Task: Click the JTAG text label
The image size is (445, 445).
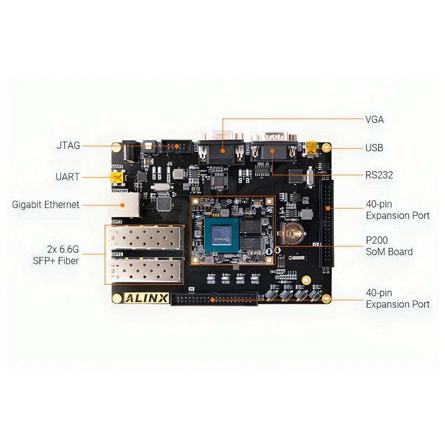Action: point(68,146)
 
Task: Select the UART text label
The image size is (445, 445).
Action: point(67,177)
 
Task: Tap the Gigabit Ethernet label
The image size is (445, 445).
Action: point(46,205)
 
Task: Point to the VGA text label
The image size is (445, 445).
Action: point(374,119)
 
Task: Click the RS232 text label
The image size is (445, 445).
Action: point(379,175)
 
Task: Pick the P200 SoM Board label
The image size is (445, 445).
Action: point(389,246)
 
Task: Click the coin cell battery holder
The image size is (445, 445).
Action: point(290,235)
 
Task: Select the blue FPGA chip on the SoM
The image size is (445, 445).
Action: point(221,234)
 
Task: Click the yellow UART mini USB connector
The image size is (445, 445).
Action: point(116,177)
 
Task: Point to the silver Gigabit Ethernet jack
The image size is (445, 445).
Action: point(130,204)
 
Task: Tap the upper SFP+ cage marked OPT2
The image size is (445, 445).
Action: point(145,238)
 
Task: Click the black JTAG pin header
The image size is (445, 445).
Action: point(176,146)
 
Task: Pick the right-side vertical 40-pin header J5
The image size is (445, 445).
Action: point(327,222)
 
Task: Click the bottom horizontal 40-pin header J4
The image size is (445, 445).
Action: point(214,299)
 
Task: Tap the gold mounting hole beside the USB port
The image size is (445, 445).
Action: point(327,148)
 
